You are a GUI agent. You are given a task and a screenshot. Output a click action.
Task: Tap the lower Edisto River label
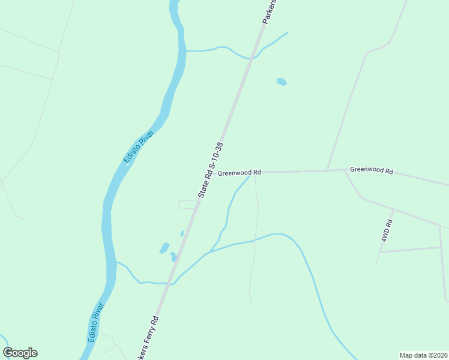(x=96, y=323)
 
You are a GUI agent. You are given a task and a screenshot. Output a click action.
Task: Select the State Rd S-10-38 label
(x=211, y=170)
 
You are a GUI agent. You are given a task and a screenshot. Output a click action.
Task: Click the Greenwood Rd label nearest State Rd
(x=240, y=173)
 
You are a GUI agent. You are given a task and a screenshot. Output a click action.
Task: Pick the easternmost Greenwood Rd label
(x=371, y=171)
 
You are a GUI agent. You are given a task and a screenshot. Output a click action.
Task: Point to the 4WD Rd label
(x=386, y=231)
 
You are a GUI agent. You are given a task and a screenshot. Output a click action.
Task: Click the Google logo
(x=20, y=353)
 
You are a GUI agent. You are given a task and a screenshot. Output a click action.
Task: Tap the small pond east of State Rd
(x=281, y=81)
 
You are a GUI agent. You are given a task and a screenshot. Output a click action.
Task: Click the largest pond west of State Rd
(x=164, y=248)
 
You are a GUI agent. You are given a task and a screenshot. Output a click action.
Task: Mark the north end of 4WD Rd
(x=393, y=210)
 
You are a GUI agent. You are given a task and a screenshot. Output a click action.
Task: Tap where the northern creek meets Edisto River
(x=185, y=51)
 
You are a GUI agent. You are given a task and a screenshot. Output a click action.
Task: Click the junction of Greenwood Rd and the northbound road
(x=327, y=171)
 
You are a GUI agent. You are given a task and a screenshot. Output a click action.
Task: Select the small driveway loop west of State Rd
(x=187, y=205)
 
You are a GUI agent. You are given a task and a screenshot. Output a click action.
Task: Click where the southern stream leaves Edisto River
(x=117, y=263)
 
